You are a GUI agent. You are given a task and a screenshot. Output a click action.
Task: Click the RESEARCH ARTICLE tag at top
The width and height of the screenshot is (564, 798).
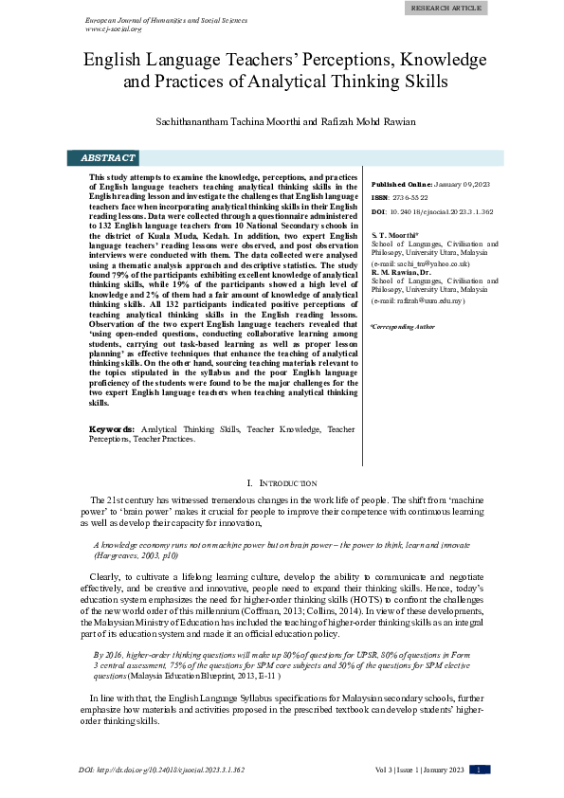point(446,8)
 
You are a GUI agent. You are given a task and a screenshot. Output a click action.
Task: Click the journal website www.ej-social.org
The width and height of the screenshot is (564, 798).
point(113,28)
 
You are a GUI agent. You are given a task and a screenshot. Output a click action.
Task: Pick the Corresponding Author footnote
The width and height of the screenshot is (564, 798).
point(403,326)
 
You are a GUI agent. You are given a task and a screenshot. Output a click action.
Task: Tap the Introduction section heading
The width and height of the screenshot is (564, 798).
point(282,483)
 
